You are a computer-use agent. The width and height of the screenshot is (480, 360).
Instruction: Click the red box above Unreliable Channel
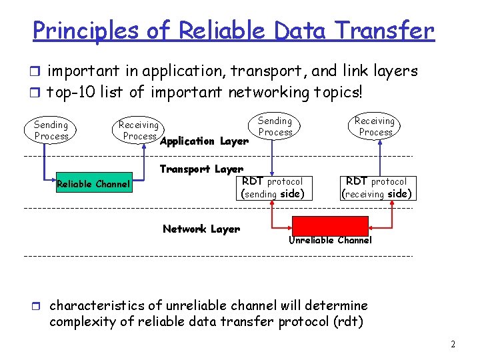pyautogui.click(x=330, y=225)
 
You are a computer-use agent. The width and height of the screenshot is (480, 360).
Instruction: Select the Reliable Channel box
pyautogui.click(x=93, y=184)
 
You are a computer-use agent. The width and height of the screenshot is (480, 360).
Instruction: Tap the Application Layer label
pyautogui.click(x=205, y=141)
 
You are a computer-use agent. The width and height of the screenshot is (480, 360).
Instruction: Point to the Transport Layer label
pyautogui.click(x=201, y=169)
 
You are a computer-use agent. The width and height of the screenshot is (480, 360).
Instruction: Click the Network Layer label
pyautogui.click(x=201, y=229)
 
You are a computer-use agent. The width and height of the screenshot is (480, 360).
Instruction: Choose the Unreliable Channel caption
pyautogui.click(x=330, y=240)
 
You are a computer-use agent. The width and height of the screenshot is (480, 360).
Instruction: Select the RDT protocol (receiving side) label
pyautogui.click(x=377, y=187)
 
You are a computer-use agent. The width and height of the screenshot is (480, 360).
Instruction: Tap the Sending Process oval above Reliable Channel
pyautogui.click(x=51, y=130)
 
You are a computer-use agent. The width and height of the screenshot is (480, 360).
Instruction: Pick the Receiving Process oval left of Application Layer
pyautogui.click(x=139, y=130)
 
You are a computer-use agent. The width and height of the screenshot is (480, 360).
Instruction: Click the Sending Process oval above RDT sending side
pyautogui.click(x=275, y=126)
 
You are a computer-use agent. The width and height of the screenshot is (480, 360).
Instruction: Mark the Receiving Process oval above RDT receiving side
pyautogui.click(x=375, y=126)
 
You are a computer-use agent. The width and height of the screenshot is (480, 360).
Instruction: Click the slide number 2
pyautogui.click(x=453, y=345)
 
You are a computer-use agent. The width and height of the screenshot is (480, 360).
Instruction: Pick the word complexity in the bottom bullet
pyautogui.click(x=85, y=323)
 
